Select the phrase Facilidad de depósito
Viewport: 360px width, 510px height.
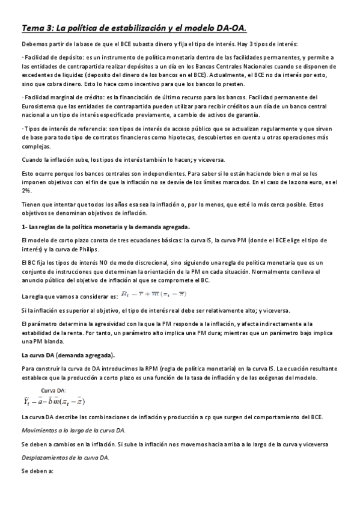click(x=47, y=57)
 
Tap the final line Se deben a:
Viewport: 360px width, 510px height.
click(x=37, y=472)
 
